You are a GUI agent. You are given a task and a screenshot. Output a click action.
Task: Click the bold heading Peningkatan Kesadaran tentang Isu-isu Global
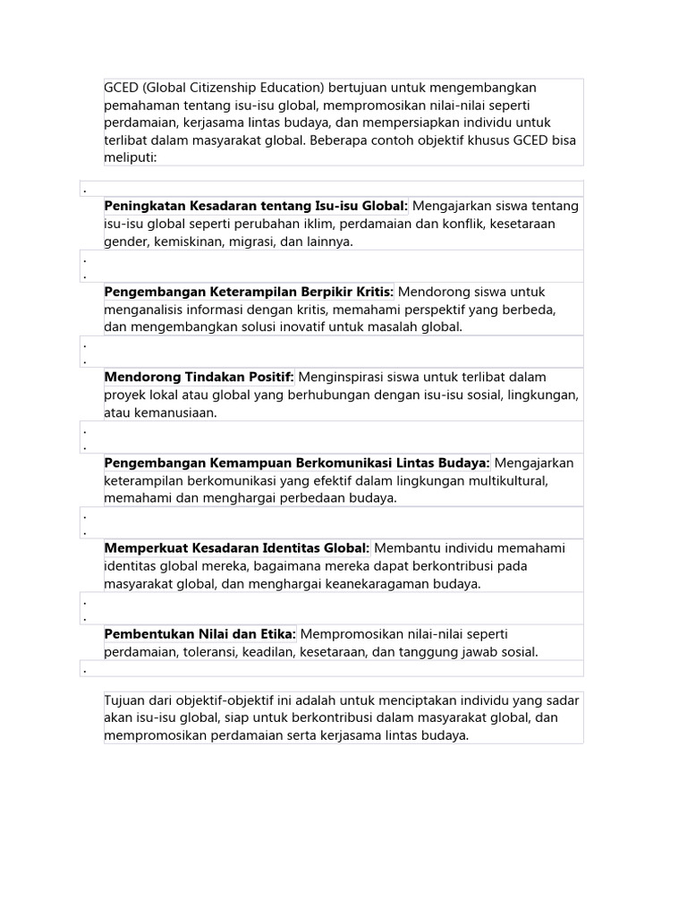pyautogui.click(x=256, y=206)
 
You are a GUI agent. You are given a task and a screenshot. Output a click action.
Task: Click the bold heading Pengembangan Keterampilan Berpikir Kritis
pyautogui.click(x=249, y=292)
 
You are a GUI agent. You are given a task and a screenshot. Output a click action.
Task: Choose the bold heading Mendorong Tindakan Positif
pyautogui.click(x=199, y=377)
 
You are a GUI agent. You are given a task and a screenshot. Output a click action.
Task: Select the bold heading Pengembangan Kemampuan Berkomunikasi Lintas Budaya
pyautogui.click(x=297, y=462)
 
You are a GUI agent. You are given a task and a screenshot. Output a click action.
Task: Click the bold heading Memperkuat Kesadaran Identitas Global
pyautogui.click(x=237, y=547)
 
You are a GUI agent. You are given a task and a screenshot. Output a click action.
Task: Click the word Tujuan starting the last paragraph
pyautogui.click(x=127, y=700)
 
